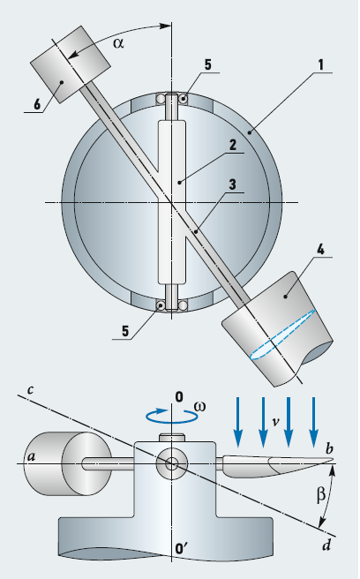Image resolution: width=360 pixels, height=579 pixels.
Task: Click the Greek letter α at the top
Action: [x=118, y=43]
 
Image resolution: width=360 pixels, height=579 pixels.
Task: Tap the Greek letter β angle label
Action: [x=321, y=494]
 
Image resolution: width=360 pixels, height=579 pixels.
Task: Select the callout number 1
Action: [x=320, y=65]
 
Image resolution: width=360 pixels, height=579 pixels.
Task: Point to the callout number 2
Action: [x=233, y=145]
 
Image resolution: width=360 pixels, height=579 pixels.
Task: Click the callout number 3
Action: [x=233, y=184]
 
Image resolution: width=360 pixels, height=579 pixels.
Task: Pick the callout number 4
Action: [x=320, y=249]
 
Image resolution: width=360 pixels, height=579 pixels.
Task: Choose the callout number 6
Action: [x=37, y=104]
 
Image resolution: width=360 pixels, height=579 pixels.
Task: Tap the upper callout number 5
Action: [x=208, y=64]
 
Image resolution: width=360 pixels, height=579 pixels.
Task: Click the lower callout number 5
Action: [x=125, y=331]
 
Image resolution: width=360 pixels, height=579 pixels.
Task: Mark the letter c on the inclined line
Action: [x=31, y=390]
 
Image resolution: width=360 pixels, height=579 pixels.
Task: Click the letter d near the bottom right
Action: [x=326, y=545]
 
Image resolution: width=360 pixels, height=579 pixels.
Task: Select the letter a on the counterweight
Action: [x=32, y=457]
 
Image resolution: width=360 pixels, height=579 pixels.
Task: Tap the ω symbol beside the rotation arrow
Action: [x=199, y=406]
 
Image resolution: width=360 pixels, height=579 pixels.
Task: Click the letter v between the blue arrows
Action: [x=275, y=421]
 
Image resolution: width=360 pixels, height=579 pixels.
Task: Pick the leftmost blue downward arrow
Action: [x=238, y=422]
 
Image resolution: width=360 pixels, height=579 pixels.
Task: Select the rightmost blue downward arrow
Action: [x=313, y=422]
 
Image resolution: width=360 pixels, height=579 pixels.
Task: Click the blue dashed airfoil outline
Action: [x=282, y=335]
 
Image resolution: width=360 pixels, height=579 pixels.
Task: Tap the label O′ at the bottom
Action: [x=182, y=549]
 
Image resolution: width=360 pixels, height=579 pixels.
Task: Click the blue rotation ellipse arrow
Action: [x=171, y=421]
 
